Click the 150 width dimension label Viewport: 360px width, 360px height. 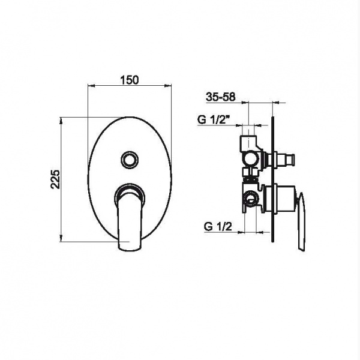(130, 80)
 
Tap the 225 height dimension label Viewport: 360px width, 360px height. (55, 179)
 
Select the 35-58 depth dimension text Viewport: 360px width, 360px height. (221, 97)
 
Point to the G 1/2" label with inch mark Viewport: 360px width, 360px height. (214, 120)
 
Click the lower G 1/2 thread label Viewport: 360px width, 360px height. (218, 227)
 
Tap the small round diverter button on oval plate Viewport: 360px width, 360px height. (130, 160)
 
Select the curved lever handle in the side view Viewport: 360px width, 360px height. (301, 222)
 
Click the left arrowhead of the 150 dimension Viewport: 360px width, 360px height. (91, 86)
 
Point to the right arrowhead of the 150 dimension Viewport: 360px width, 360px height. (168, 86)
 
